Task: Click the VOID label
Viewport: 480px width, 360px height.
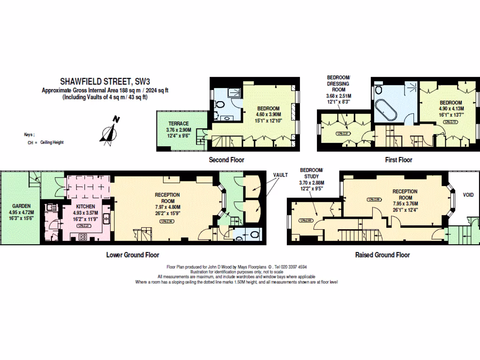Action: pyautogui.click(x=467, y=195)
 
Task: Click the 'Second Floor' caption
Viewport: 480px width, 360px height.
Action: pyautogui.click(x=226, y=160)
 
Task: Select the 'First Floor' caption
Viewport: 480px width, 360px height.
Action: pyautogui.click(x=398, y=160)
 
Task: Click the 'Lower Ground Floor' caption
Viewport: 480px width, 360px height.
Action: pyautogui.click(x=133, y=255)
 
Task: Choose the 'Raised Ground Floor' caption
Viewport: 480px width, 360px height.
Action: pyautogui.click(x=382, y=255)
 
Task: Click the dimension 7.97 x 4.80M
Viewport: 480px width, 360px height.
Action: pyautogui.click(x=167, y=207)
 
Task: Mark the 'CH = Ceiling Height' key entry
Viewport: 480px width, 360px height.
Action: pyautogui.click(x=45, y=142)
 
